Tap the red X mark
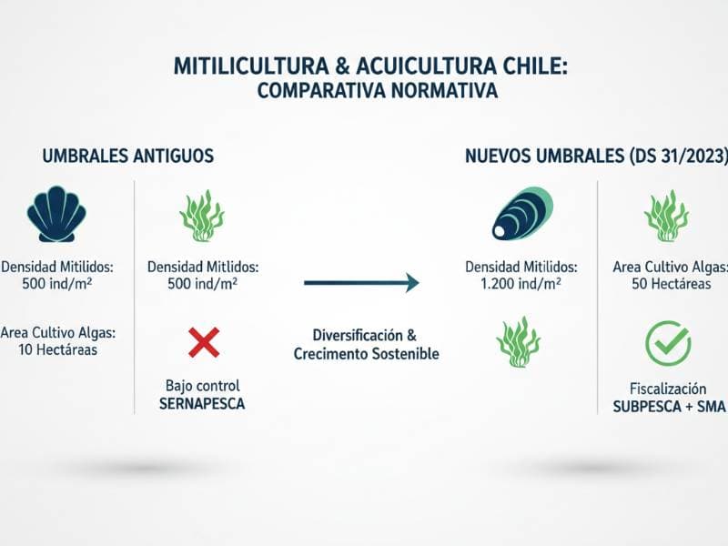pos(204,342)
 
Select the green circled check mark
pos(667,341)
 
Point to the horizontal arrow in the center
pos(361,284)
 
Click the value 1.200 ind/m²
pos(521,283)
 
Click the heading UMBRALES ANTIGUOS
pos(127,156)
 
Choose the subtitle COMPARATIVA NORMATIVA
pos(366,92)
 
